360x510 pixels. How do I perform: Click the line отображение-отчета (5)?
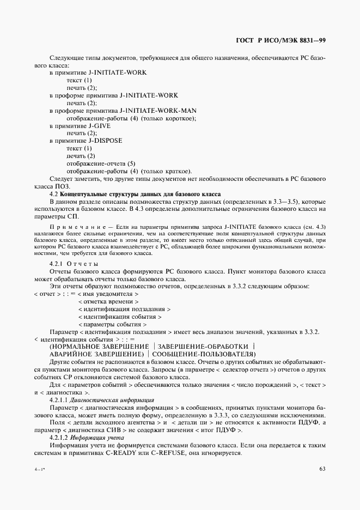click(x=101, y=163)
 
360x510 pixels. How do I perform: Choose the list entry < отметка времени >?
click(x=108, y=301)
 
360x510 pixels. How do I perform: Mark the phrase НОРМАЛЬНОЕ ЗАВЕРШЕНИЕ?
click(x=100, y=347)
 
